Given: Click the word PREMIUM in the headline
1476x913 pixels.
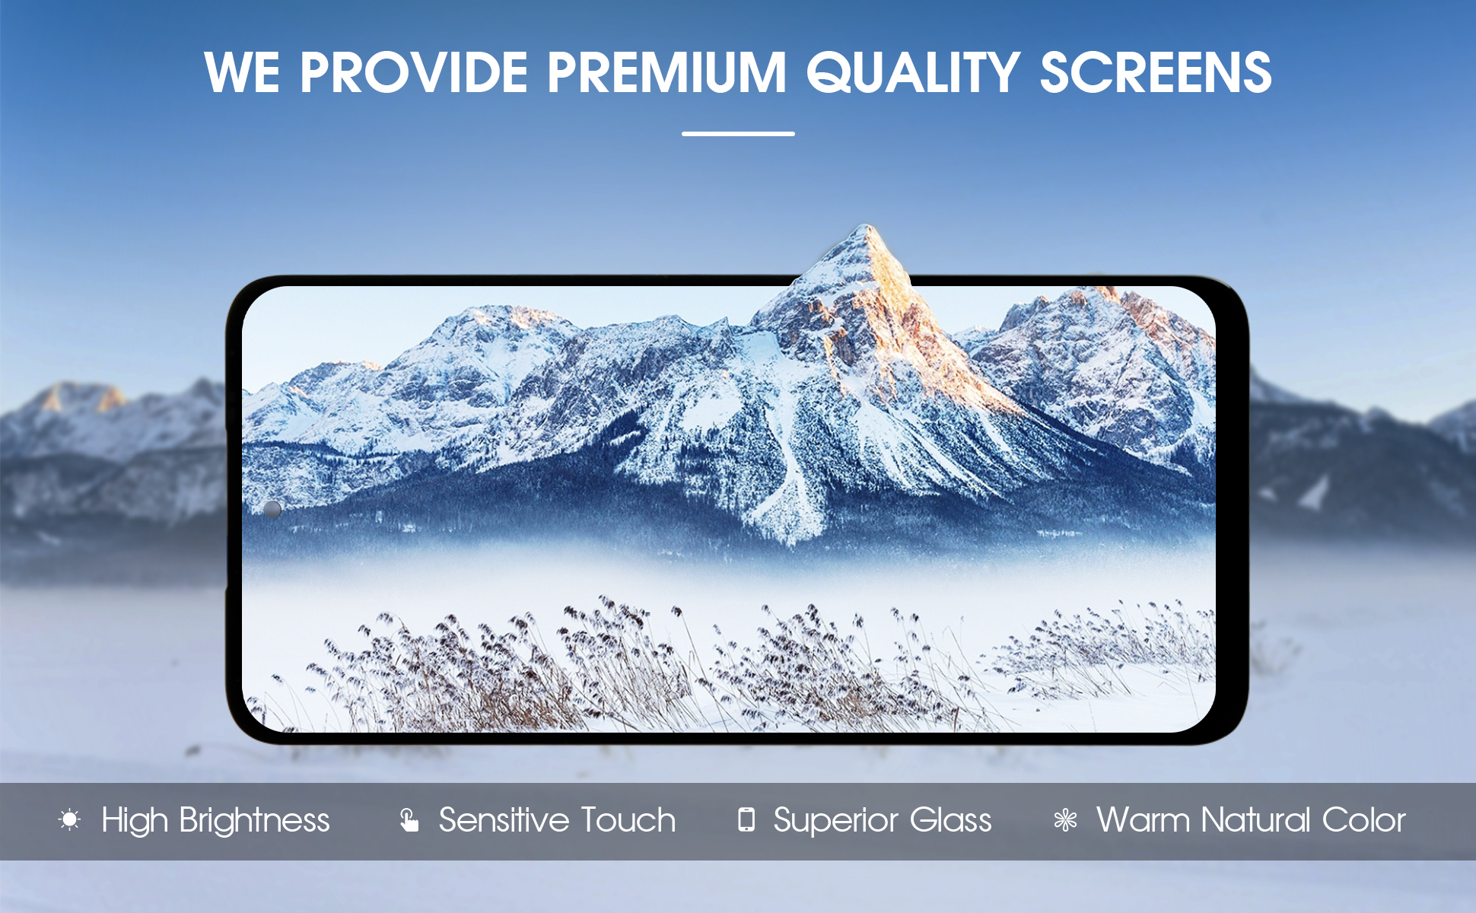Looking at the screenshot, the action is [x=666, y=73].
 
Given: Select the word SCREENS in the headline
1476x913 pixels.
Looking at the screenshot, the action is [x=1156, y=73].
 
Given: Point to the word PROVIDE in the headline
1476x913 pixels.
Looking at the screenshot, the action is [x=414, y=73].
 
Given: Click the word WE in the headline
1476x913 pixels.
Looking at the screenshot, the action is [x=242, y=73].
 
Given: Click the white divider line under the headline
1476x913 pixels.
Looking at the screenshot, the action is [x=738, y=133].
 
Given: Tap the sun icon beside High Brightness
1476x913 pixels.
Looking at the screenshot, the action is [x=69, y=819].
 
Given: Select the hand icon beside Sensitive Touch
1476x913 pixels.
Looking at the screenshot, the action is [x=409, y=819].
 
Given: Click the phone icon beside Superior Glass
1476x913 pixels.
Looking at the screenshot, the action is [x=746, y=819].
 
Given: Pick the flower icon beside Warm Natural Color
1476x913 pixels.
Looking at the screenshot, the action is [x=1065, y=820].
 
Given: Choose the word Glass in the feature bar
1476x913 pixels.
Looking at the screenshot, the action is [x=951, y=820].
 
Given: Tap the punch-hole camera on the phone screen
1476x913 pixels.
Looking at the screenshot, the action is [x=272, y=509].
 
